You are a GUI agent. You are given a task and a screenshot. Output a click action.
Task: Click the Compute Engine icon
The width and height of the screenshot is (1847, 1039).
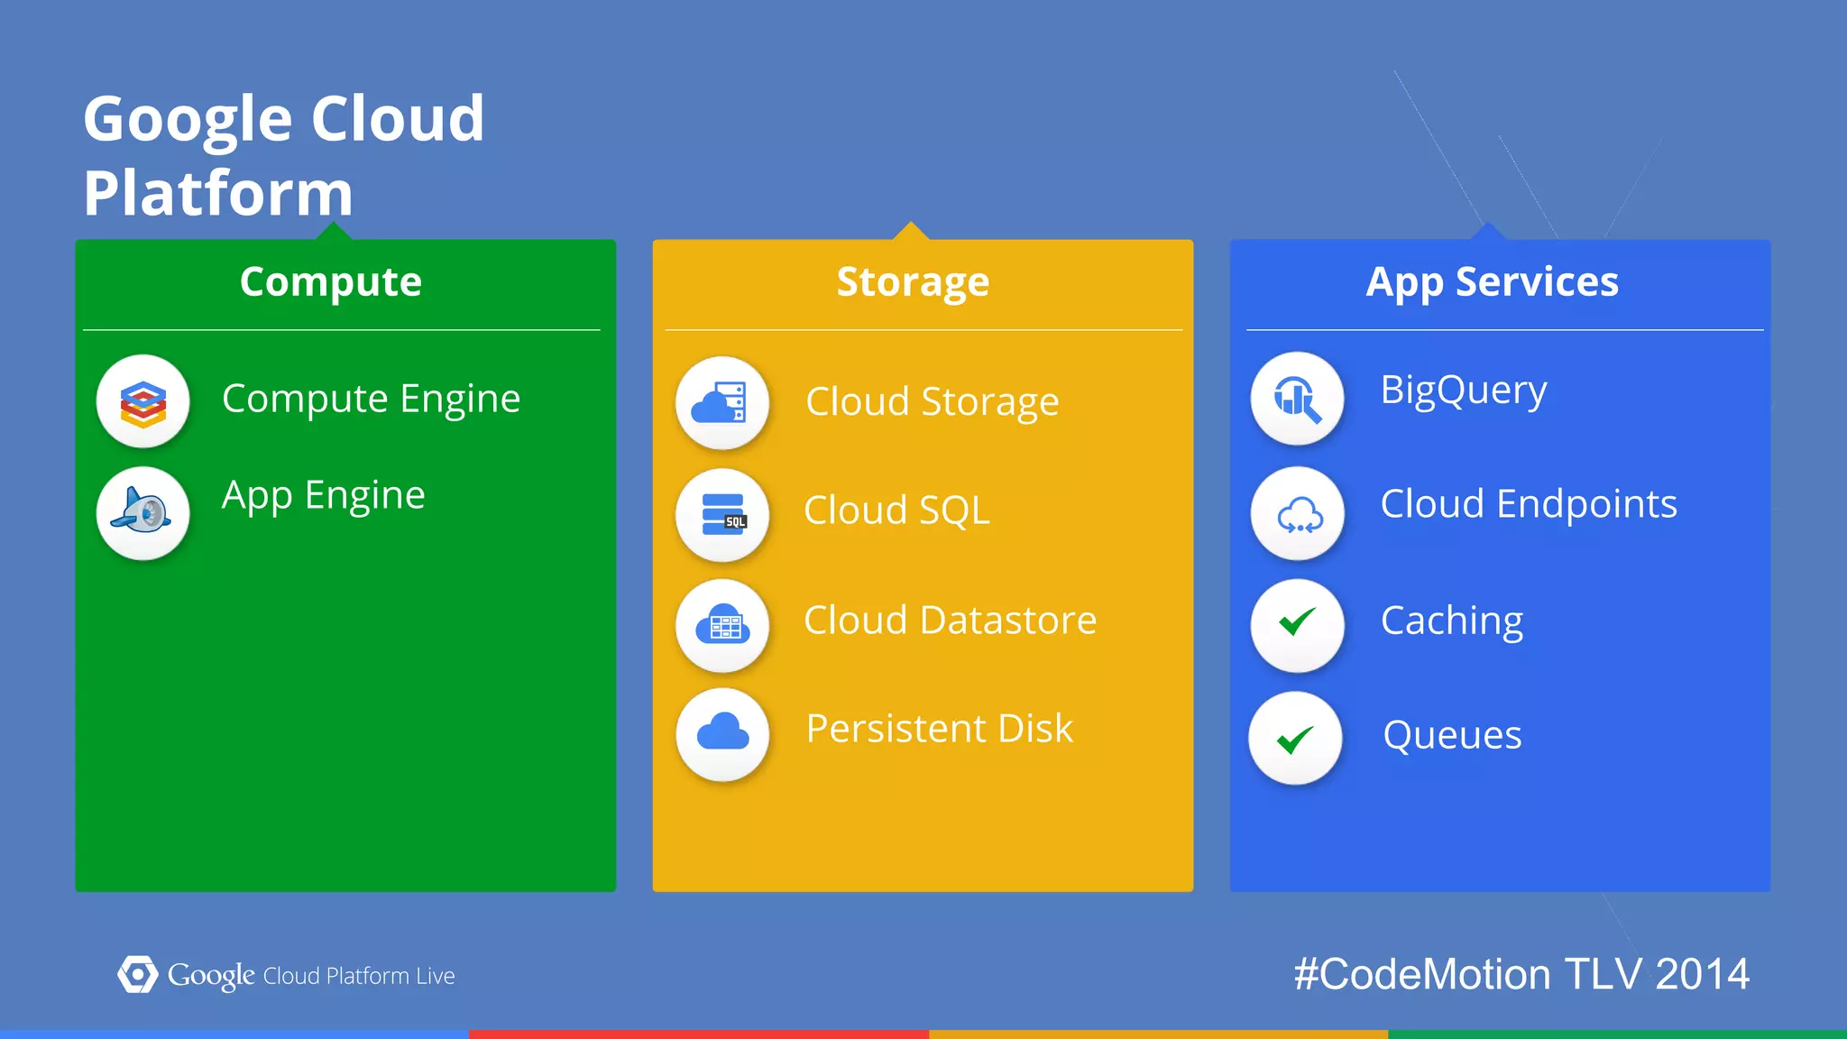coord(143,401)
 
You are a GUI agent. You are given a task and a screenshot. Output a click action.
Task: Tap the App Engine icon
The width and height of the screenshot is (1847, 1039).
coord(143,513)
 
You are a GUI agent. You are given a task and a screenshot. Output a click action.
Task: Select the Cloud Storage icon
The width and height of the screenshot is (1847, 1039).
coord(721,403)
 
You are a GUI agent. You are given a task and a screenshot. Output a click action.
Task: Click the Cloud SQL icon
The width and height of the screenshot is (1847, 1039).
coord(721,515)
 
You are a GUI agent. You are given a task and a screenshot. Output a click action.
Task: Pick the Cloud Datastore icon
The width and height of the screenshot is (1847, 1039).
coord(721,625)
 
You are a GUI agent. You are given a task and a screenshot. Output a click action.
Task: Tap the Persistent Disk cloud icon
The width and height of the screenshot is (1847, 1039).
coord(721,734)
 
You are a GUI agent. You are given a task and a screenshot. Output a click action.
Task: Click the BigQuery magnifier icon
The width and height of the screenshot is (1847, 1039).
coord(1297,399)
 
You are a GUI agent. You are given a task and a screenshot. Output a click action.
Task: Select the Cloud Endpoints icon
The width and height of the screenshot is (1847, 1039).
coord(1297,514)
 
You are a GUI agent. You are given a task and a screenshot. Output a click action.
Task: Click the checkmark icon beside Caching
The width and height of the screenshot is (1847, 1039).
coord(1297,624)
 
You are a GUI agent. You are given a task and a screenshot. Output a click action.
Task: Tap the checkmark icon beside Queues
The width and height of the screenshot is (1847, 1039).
coord(1295,738)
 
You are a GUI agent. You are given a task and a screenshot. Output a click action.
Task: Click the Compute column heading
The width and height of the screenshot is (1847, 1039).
coord(331,282)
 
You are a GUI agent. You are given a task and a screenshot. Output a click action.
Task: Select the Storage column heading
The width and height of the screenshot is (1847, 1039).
coord(913,282)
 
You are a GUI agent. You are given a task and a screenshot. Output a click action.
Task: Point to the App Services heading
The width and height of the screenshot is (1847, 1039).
coord(1493,282)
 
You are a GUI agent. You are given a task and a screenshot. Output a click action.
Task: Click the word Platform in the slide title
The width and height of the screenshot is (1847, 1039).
coord(218,194)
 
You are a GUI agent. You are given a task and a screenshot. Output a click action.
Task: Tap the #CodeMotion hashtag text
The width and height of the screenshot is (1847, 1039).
coord(1422,975)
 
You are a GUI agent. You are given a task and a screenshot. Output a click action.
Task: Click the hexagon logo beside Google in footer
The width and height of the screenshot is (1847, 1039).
coord(137,975)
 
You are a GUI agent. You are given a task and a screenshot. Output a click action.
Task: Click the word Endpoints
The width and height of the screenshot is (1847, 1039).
coord(1586,504)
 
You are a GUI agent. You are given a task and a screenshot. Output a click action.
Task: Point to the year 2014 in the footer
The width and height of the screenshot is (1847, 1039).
coord(1702,975)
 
